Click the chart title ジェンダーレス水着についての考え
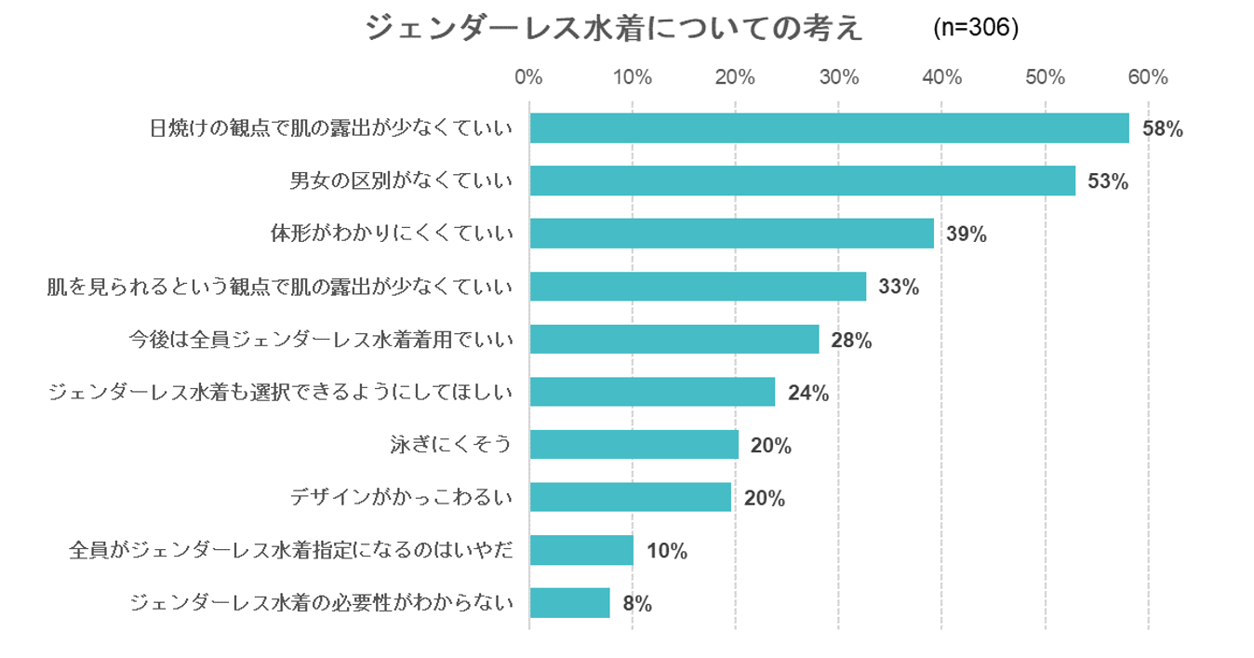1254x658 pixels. pos(614,28)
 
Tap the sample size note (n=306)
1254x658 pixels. pos(976,28)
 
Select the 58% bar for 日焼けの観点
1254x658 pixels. pos(829,128)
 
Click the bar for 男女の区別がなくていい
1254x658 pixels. pos(802,181)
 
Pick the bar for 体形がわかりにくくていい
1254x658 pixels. pos(731,234)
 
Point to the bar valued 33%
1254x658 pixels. pos(698,287)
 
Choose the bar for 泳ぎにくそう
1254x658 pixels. pos(634,445)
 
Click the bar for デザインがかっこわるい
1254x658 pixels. pos(630,498)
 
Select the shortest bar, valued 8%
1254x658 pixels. pos(569,603)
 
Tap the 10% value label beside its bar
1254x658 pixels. pos(666,552)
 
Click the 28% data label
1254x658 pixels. pos(851,341)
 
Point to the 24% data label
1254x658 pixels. pos(807,394)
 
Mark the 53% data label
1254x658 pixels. pos(1107,182)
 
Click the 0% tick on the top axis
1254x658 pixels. pos(528,77)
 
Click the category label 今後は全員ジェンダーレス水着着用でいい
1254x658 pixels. pos(321,340)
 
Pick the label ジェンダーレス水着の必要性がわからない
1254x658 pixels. pos(321,603)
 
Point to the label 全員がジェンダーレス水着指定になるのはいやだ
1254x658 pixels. pos(291,550)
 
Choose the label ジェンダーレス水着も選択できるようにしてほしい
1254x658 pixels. pos(280,393)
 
